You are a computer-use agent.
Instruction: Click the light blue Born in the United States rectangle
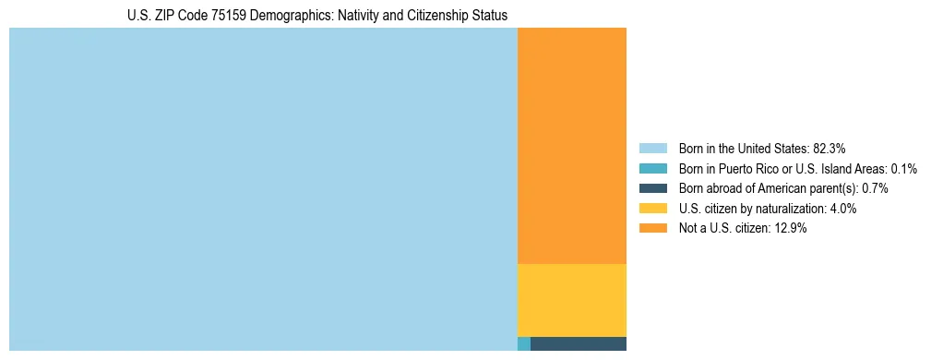coord(263,189)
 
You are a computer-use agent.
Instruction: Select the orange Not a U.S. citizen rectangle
coord(572,146)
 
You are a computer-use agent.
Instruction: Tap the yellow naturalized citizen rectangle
coord(572,300)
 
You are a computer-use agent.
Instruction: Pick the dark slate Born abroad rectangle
coord(579,344)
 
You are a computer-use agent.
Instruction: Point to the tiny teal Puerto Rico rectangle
coord(524,344)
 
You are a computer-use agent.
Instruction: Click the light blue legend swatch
coord(652,149)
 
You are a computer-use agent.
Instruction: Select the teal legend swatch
coord(652,169)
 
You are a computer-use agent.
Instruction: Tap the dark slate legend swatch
coord(652,188)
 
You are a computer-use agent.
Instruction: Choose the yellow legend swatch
coord(652,209)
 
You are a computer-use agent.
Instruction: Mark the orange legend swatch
coord(652,229)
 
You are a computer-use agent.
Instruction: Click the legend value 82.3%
coord(829,149)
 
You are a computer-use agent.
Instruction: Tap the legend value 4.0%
coord(842,209)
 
